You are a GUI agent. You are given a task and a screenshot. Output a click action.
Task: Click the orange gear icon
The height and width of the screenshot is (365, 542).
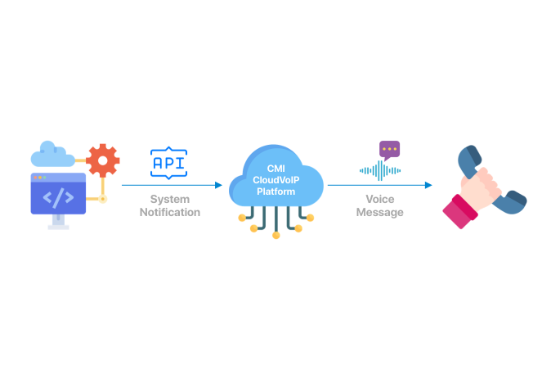click(103, 160)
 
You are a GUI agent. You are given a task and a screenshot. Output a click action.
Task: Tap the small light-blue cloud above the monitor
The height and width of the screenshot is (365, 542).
click(52, 155)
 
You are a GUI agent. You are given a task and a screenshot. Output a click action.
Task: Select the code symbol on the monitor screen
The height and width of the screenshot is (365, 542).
click(58, 197)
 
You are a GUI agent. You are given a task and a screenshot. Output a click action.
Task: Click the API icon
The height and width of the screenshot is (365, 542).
click(168, 163)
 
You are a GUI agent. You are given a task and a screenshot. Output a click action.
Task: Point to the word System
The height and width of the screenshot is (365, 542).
click(170, 200)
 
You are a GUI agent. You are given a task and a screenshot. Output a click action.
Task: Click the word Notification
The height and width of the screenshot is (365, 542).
click(170, 212)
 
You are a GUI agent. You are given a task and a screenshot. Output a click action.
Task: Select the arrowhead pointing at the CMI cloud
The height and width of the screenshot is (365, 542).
click(218, 185)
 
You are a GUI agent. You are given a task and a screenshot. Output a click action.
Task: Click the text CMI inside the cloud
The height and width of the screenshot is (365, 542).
click(275, 169)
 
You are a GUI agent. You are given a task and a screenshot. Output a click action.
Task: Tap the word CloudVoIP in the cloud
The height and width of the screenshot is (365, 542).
click(275, 180)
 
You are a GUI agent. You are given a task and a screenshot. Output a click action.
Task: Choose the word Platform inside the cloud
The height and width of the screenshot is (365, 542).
click(275, 192)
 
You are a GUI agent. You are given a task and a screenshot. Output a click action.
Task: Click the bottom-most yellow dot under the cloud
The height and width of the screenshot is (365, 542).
click(275, 236)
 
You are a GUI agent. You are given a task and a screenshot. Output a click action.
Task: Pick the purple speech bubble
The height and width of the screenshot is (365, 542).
click(390, 150)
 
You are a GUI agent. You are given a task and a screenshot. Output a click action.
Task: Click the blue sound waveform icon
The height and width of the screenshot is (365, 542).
click(380, 170)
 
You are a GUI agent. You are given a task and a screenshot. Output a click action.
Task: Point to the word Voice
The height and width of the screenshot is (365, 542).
click(380, 200)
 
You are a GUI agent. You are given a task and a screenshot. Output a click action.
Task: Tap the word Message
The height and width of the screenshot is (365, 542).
click(380, 212)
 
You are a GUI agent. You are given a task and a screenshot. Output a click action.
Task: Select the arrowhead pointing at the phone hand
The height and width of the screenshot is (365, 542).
click(428, 185)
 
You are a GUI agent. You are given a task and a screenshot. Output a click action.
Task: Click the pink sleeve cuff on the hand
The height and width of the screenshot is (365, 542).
click(460, 212)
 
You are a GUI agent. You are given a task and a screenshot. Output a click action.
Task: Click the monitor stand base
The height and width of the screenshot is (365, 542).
click(58, 228)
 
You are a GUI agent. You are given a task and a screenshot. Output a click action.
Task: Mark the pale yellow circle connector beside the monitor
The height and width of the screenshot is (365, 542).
click(103, 199)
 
